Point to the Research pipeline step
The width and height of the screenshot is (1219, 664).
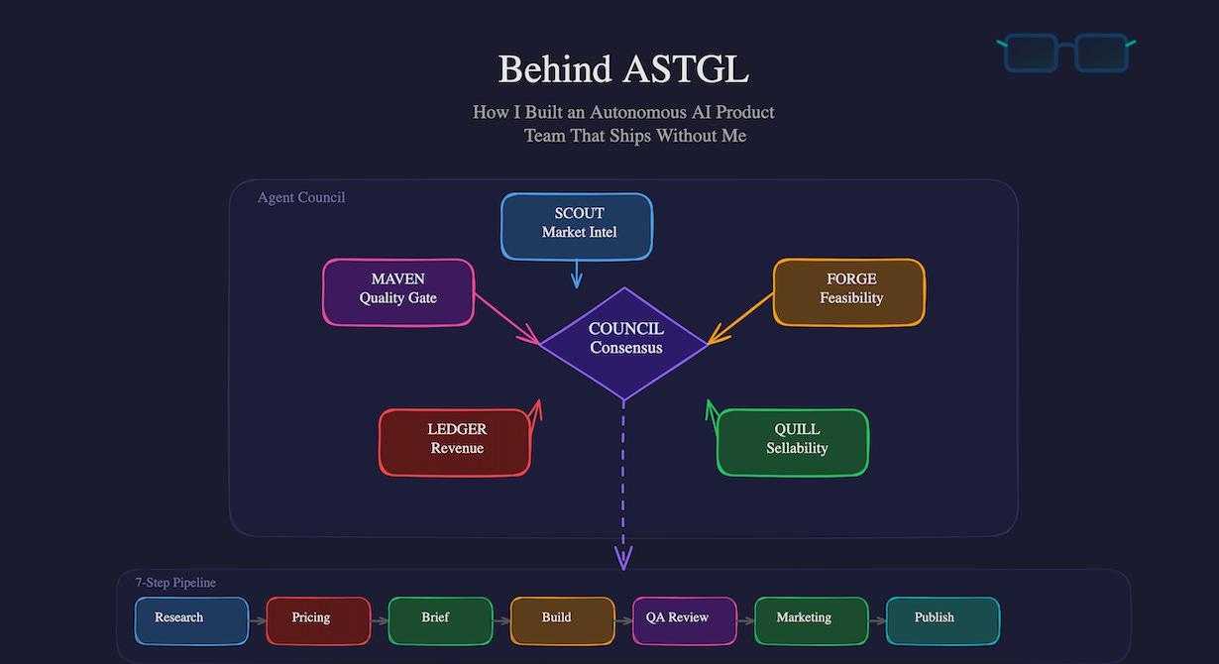(191, 618)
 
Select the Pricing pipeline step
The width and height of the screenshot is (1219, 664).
(318, 618)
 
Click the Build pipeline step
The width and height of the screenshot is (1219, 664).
(562, 618)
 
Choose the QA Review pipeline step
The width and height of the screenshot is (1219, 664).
(684, 618)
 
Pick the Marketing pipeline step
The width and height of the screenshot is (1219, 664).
(811, 618)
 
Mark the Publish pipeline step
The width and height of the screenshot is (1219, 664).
(942, 618)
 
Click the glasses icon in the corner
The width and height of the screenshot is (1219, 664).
(1065, 53)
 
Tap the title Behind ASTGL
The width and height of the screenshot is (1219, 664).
(623, 69)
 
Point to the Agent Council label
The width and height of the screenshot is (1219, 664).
(301, 197)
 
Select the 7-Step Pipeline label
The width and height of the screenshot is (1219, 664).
(175, 583)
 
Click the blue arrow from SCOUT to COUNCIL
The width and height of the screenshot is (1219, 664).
(577, 274)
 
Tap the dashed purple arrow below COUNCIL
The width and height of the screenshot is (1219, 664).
(623, 486)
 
